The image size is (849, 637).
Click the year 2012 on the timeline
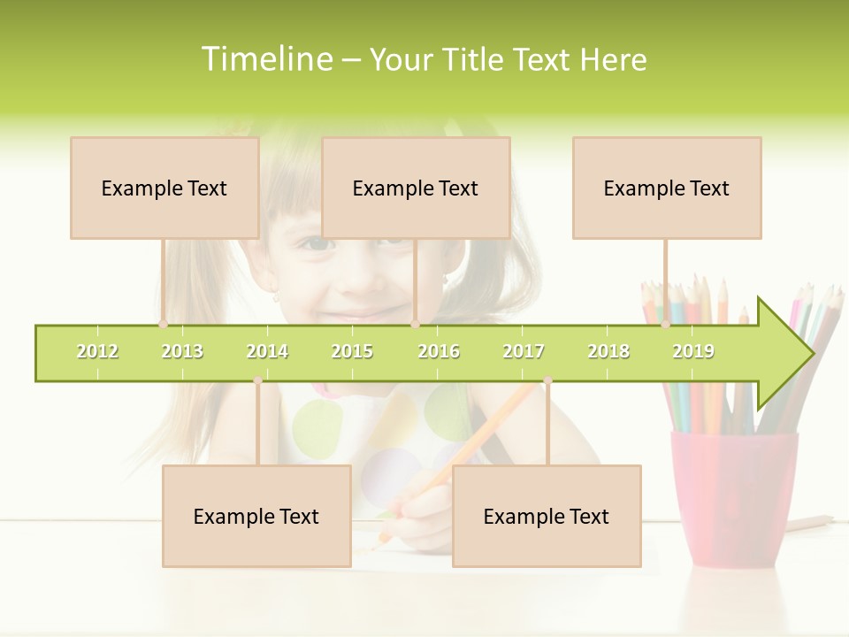(x=97, y=351)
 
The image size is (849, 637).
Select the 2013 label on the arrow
(x=182, y=351)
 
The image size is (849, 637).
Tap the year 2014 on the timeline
(x=267, y=351)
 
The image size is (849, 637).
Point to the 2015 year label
(x=352, y=351)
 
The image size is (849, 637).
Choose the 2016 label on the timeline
(x=439, y=351)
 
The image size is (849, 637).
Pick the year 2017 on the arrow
(x=524, y=351)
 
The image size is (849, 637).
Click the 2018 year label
(x=608, y=351)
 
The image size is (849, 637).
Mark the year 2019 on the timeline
(x=693, y=351)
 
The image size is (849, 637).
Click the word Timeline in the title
(x=266, y=59)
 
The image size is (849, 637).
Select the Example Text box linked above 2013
(x=164, y=188)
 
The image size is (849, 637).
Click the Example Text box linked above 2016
(x=416, y=188)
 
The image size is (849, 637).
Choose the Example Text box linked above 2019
(x=667, y=188)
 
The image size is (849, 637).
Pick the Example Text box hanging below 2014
(x=256, y=516)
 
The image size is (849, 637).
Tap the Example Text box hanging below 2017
(x=547, y=516)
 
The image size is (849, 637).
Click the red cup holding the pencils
(x=733, y=495)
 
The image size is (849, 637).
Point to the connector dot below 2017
(x=547, y=380)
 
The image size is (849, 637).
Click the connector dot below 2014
(x=257, y=380)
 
